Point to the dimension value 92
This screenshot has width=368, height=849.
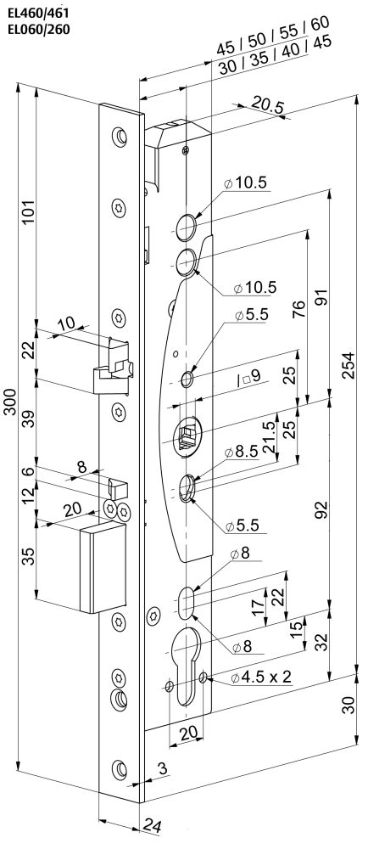pos(321,509)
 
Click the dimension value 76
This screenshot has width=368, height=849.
pos(298,309)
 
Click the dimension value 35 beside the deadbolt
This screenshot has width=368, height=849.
pos(29,556)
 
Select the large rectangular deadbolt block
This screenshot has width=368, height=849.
pos(103,568)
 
